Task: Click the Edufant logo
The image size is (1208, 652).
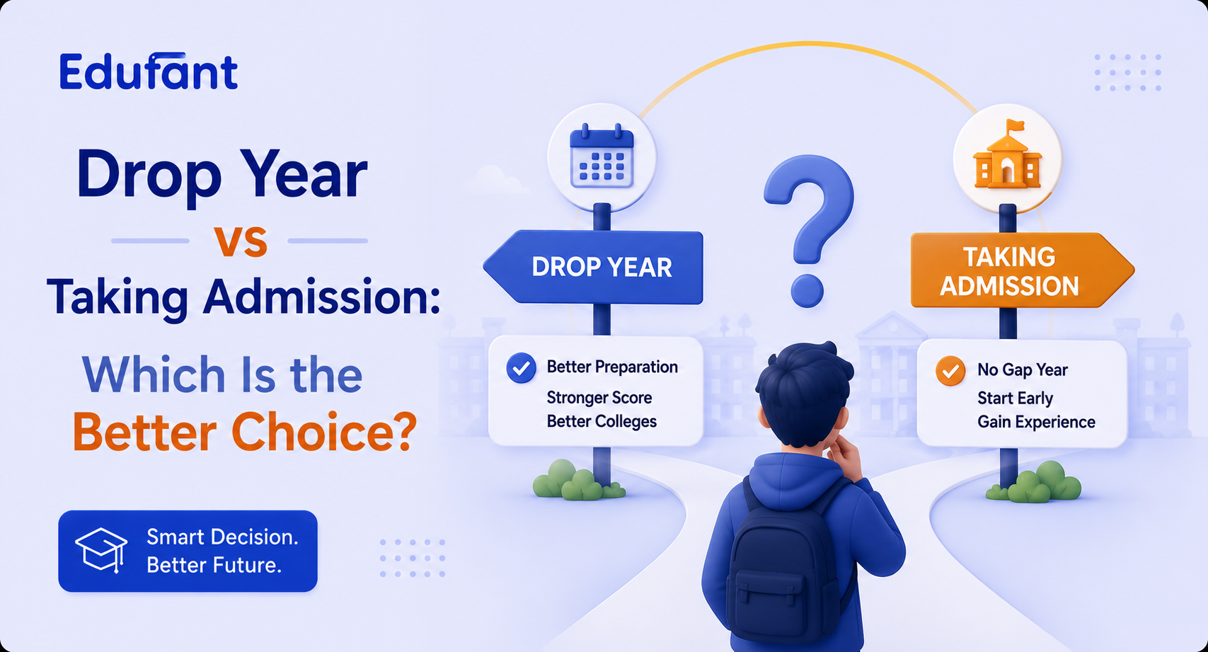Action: (149, 72)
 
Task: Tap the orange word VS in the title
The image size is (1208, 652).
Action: (241, 241)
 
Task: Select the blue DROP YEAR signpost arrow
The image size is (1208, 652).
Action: (593, 267)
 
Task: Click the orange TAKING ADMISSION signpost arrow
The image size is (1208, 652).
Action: (1022, 270)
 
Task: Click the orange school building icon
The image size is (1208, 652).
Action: (1008, 155)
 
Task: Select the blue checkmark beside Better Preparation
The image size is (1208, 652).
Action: (521, 368)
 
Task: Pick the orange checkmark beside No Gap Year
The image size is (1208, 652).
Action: (950, 371)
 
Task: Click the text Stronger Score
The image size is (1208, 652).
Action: (599, 397)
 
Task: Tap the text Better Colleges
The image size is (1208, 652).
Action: (602, 421)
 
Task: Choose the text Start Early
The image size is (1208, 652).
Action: (1015, 398)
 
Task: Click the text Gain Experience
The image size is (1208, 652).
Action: (1036, 422)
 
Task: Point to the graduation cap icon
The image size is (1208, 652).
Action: (101, 550)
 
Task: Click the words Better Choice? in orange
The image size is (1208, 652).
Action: (245, 432)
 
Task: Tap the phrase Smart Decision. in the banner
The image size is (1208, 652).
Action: (222, 537)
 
